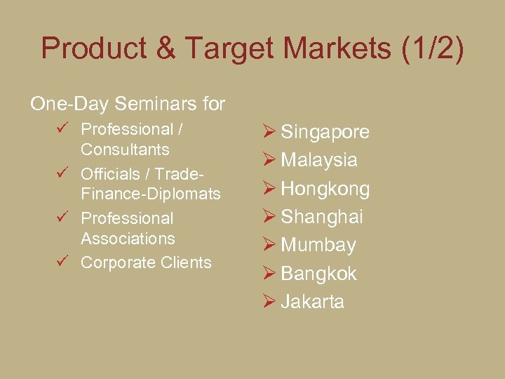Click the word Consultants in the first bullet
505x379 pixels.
pyautogui.click(x=125, y=149)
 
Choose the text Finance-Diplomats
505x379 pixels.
pyautogui.click(x=150, y=194)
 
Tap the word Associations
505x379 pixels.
pyautogui.click(x=128, y=239)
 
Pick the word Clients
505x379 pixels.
pyautogui.click(x=184, y=262)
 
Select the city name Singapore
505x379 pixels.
pyautogui.click(x=325, y=133)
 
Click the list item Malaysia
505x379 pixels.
pyautogui.click(x=319, y=160)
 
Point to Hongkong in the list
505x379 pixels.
pyautogui.click(x=325, y=189)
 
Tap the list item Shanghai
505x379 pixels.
pyautogui.click(x=321, y=217)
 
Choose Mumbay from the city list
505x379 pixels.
pyautogui.click(x=318, y=246)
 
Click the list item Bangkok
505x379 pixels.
pyautogui.click(x=318, y=274)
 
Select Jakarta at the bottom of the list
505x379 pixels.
pyautogui.click(x=312, y=302)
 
